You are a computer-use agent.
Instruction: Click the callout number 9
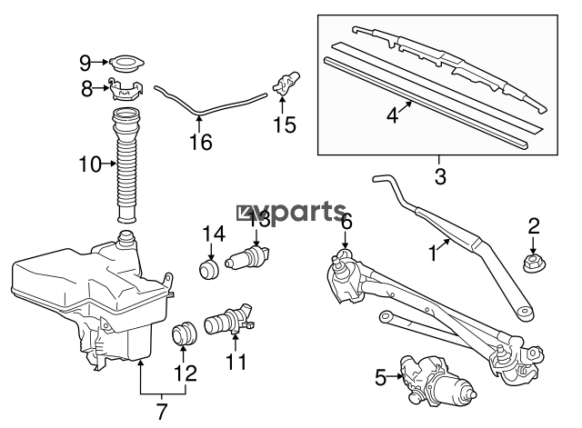click(85, 64)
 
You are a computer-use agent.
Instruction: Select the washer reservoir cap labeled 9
click(127, 65)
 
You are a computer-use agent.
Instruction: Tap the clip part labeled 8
click(125, 90)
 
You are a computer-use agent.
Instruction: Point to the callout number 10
click(90, 164)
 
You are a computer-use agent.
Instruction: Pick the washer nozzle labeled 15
click(286, 83)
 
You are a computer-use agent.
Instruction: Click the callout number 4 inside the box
click(392, 115)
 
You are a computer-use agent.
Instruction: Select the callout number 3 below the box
click(440, 176)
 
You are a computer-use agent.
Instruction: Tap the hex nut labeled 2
click(534, 263)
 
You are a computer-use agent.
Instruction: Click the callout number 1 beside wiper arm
click(433, 254)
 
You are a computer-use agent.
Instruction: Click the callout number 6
click(346, 222)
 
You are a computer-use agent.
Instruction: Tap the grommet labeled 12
click(184, 333)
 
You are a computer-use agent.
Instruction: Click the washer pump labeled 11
click(229, 320)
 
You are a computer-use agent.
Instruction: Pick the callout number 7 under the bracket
click(162, 412)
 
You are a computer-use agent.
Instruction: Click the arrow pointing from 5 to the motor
click(395, 377)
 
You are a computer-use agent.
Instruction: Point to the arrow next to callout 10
click(109, 164)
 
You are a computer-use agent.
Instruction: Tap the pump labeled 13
click(247, 257)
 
